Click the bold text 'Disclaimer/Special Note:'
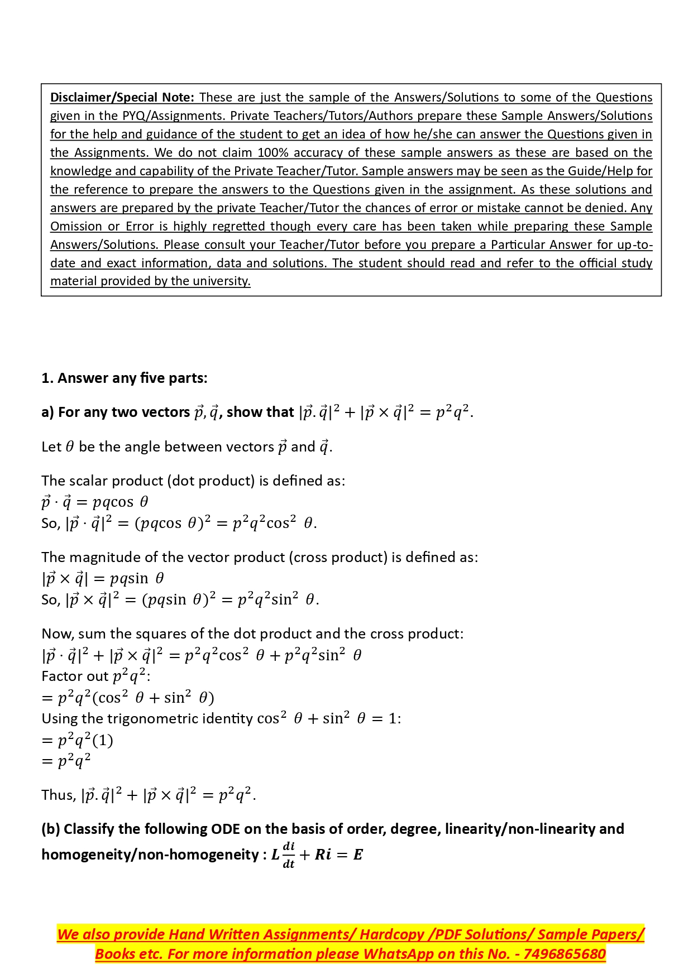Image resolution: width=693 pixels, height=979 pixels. point(122,98)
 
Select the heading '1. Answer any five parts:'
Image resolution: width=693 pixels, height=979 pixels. point(125,378)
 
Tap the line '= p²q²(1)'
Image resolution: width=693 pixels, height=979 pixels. point(78,741)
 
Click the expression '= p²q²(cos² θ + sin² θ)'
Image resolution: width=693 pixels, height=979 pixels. point(128,698)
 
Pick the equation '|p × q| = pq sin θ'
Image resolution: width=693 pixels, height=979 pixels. point(103,579)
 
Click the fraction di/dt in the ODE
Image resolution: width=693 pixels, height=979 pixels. point(289,855)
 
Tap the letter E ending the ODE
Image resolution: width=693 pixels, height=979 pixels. point(358,855)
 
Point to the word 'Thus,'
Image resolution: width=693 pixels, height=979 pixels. point(59,795)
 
